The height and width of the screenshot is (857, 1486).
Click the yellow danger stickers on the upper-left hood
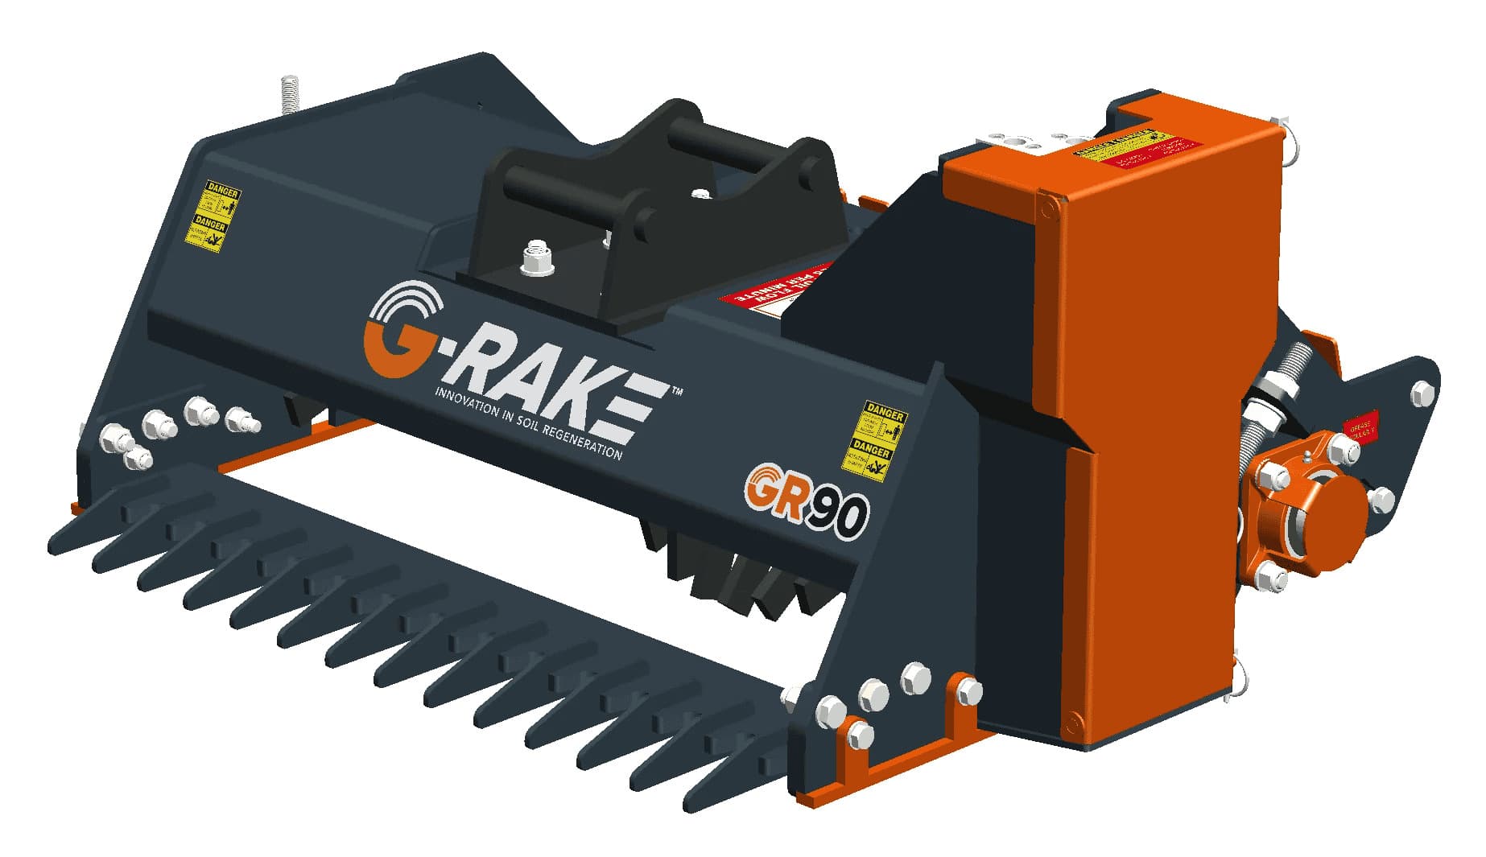[x=212, y=216]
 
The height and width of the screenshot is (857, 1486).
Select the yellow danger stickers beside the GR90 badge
[x=874, y=439]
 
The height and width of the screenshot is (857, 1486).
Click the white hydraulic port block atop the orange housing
[x=1018, y=145]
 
